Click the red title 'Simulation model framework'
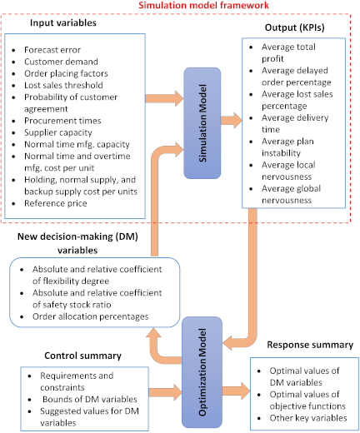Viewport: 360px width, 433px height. [x=203, y=5]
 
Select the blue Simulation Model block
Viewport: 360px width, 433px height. [x=202, y=123]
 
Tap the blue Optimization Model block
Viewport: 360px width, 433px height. [x=202, y=372]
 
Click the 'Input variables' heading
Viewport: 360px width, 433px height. [x=63, y=22]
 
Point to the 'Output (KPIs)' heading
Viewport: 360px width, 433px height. [x=294, y=27]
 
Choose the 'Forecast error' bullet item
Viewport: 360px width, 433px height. [x=52, y=50]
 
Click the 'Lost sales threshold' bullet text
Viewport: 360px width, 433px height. [x=63, y=85]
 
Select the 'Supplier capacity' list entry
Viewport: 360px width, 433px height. [x=58, y=132]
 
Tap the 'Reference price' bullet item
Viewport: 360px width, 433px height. [x=56, y=203]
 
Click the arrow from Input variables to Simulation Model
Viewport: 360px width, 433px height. [x=164, y=98]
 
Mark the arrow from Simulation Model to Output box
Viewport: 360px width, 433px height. [x=232, y=120]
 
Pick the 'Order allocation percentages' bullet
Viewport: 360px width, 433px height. [x=91, y=316]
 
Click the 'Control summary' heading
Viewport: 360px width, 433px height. [x=82, y=356]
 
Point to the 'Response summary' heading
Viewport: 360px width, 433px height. [x=310, y=345]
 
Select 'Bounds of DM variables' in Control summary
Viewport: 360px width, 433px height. [x=90, y=399]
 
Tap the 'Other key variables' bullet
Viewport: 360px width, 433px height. [x=308, y=418]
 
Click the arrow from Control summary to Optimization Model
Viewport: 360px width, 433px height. [x=165, y=392]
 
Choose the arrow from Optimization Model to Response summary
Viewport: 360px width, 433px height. [x=236, y=391]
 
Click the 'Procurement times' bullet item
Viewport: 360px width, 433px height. [x=62, y=121]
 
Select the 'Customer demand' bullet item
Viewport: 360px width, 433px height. [x=61, y=62]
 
